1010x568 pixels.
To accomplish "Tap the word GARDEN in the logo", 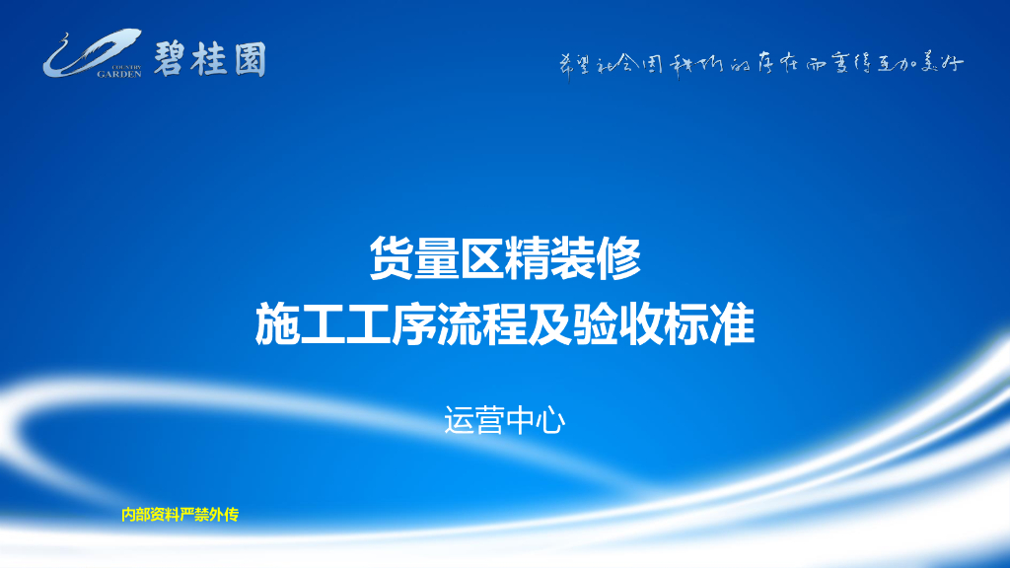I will click(119, 72).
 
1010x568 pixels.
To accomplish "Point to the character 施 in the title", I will click(277, 324).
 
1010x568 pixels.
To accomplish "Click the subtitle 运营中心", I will click(504, 421).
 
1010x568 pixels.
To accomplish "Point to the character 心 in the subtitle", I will click(549, 421).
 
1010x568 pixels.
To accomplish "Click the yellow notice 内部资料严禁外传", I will click(180, 514).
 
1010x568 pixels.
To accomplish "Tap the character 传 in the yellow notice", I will click(232, 514).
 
